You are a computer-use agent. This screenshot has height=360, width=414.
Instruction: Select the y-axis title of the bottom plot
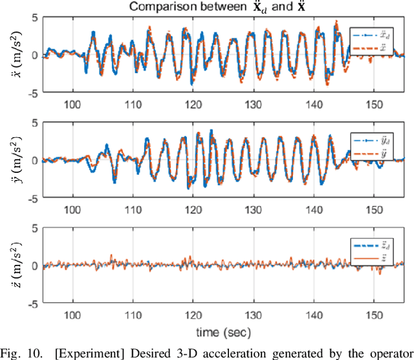tap(12, 264)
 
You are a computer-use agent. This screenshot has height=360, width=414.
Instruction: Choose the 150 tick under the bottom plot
tap(373, 314)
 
